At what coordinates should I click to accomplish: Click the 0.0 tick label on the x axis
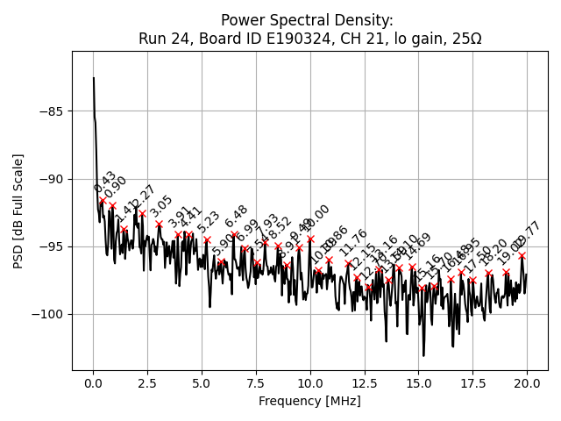93,384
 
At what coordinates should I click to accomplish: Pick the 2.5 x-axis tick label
147,384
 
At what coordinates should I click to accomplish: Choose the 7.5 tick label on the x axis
256,384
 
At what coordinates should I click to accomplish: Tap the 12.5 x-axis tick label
364,384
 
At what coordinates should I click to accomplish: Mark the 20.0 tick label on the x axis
527,384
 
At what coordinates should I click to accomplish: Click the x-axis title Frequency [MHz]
309,402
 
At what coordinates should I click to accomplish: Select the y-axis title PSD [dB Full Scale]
18,210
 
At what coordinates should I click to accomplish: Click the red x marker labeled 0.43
103,200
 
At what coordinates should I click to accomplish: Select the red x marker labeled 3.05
159,224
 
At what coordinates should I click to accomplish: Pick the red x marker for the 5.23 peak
207,239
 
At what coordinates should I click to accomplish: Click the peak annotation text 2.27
143,196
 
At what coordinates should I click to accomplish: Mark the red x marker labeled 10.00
310,239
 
